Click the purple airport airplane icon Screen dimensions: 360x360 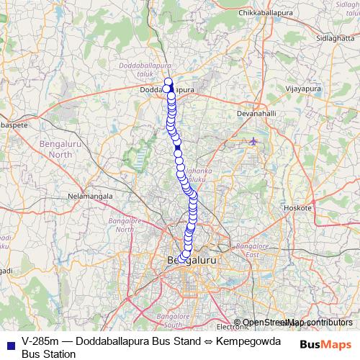click(x=253, y=140)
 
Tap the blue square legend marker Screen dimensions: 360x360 click(x=10, y=343)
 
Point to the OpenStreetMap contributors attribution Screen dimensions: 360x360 click(x=297, y=323)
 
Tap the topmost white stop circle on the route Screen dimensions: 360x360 click(x=168, y=81)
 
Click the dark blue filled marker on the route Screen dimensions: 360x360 click(x=177, y=148)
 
